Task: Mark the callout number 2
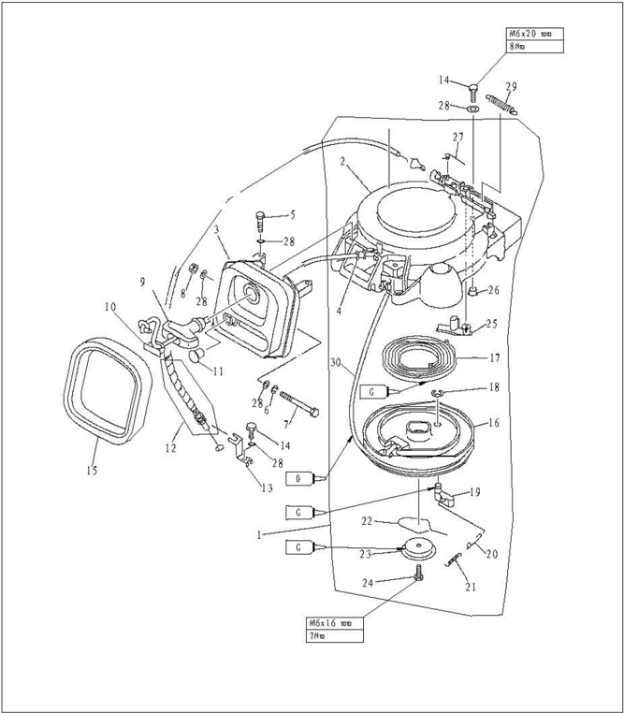(344, 161)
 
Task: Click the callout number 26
(493, 290)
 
